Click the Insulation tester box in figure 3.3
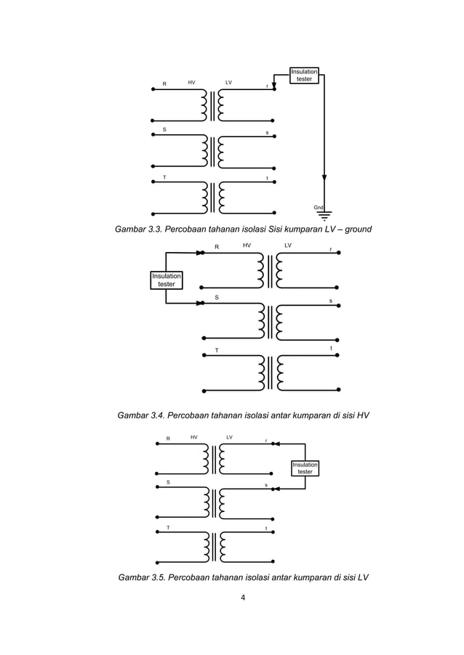click(x=305, y=75)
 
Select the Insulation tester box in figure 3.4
click(x=167, y=280)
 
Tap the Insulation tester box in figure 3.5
click(x=305, y=468)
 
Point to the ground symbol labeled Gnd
click(x=324, y=213)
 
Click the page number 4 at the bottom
click(x=232, y=599)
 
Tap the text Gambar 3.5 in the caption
click(x=130, y=578)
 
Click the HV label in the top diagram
click(x=191, y=83)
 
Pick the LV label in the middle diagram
click(x=288, y=245)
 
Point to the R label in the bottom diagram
click(x=168, y=439)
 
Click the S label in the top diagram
click(x=164, y=129)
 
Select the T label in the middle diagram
click(x=216, y=351)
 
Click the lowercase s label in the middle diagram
click(x=330, y=301)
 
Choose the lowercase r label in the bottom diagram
click(x=265, y=440)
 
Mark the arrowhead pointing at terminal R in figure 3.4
click(x=199, y=253)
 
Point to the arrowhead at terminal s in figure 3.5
click(x=276, y=489)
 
